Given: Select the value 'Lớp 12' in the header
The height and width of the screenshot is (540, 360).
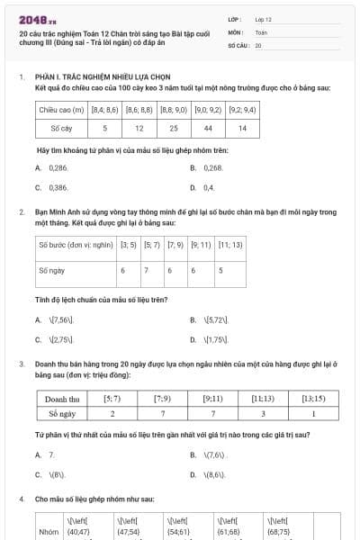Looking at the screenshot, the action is click(263, 18).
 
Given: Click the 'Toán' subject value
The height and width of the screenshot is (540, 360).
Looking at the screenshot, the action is click(261, 31).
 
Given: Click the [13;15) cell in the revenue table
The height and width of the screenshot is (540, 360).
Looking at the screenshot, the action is click(313, 397).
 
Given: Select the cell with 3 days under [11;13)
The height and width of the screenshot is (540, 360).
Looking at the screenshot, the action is click(264, 413).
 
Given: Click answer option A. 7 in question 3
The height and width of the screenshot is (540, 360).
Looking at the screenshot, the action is click(46, 454).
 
